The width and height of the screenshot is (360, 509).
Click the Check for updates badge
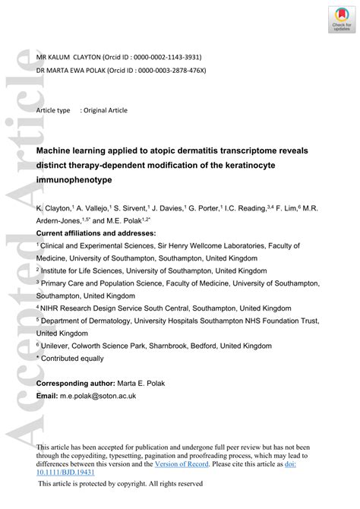(339, 19)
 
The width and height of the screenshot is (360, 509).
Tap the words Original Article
(106, 110)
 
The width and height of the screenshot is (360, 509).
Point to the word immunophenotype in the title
(74, 179)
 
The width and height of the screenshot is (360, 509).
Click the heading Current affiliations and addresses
(96, 232)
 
